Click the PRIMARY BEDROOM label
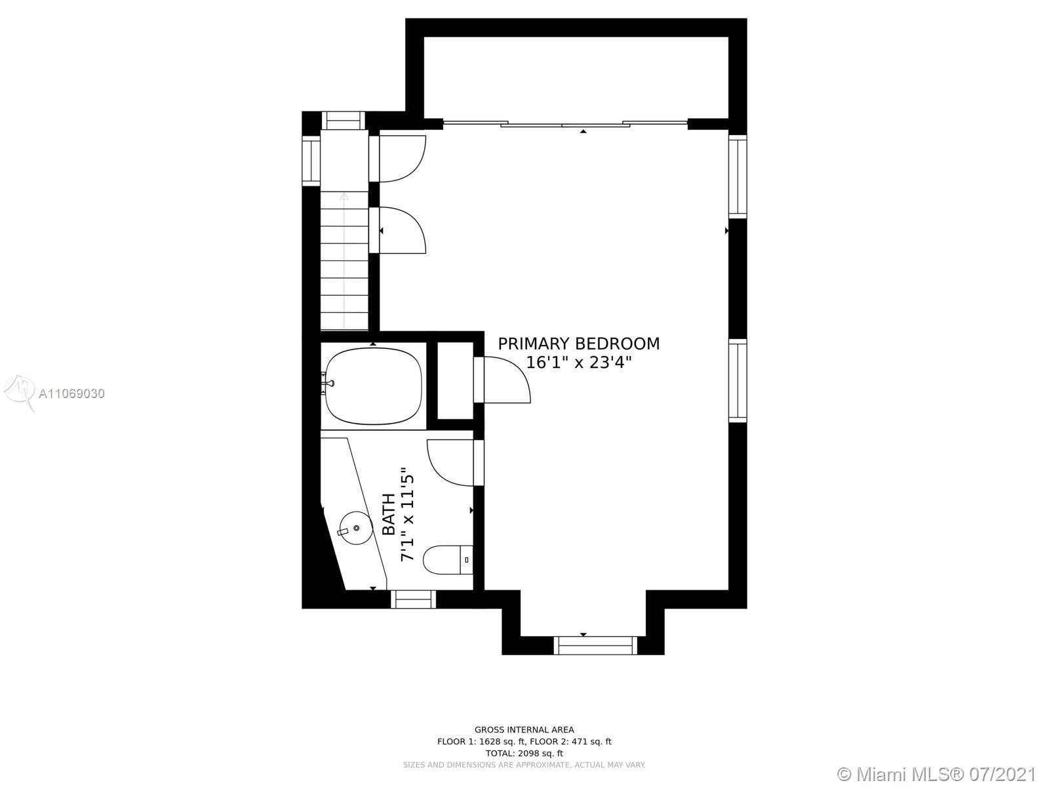579,344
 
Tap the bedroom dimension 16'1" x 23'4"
579,363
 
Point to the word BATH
389,514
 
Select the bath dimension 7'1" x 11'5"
406,514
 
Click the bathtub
373,386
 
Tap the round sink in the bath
355,527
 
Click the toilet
448,559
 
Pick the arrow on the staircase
344,260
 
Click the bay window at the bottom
595,645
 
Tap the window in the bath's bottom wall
414,599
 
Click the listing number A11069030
71,393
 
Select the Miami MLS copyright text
937,774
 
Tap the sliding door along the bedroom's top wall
565,124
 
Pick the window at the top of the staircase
343,121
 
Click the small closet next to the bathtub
456,381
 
